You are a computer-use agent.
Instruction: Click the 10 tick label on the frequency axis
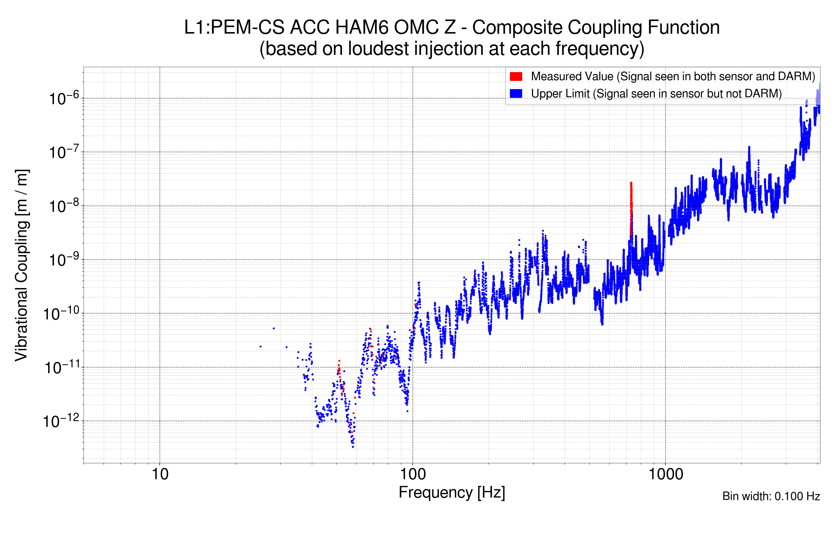coord(160,474)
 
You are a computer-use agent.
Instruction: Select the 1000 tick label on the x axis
coord(665,474)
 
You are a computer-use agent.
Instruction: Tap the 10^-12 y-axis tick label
coord(61,421)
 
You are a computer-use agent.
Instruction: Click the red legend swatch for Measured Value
coord(516,76)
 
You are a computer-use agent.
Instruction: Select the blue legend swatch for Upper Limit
coord(516,93)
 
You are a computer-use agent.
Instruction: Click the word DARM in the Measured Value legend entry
coord(794,76)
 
